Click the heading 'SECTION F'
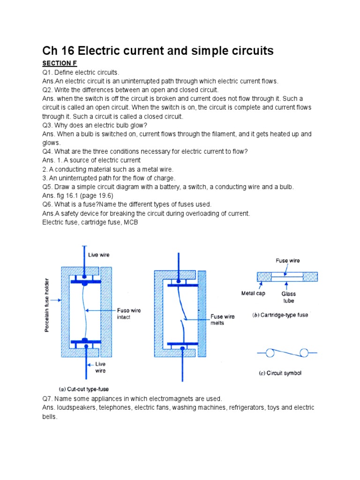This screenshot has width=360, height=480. (60, 63)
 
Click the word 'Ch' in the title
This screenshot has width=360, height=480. (50, 51)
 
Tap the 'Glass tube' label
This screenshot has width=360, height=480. (289, 297)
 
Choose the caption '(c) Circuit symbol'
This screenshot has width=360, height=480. (280, 373)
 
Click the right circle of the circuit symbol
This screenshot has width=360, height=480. (304, 352)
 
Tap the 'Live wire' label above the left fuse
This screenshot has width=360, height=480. (99, 255)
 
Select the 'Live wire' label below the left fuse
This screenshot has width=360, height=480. (100, 367)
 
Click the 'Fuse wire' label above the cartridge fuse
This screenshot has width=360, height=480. (287, 261)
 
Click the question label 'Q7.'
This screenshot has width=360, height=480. (48, 398)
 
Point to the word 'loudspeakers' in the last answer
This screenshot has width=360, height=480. (75, 408)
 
